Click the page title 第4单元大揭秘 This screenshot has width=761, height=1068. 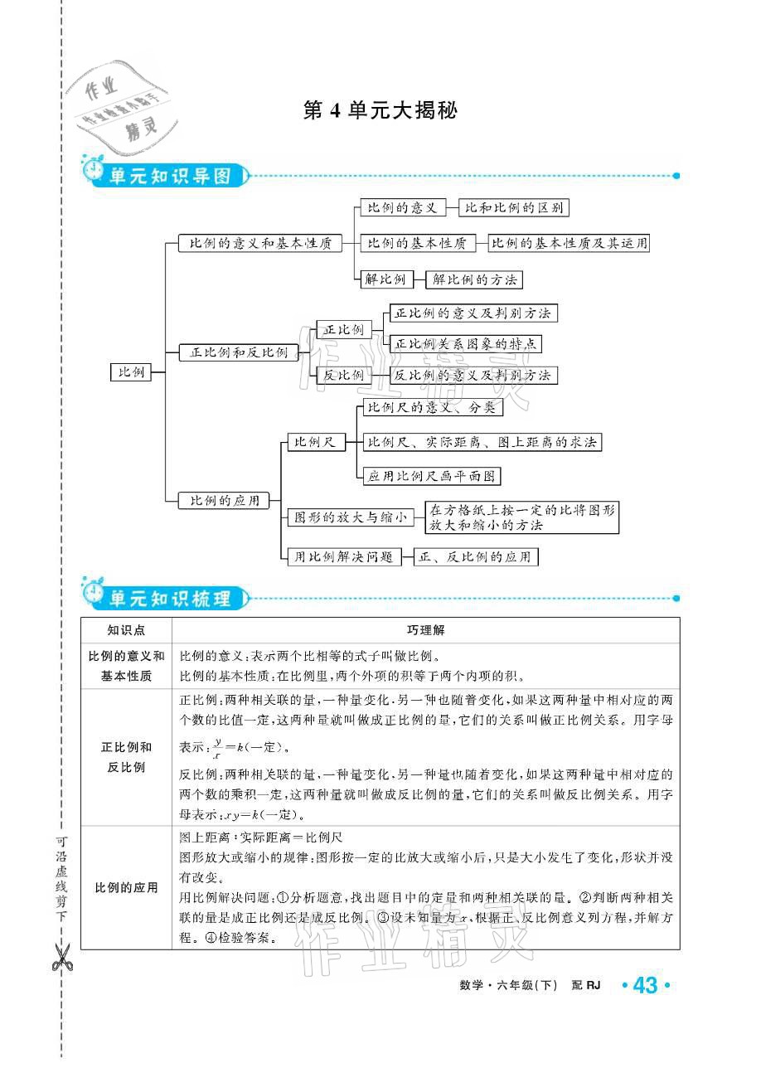[x=380, y=111]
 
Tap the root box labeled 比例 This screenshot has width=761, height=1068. [x=131, y=372]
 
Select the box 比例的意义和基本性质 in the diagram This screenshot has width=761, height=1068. [x=260, y=244]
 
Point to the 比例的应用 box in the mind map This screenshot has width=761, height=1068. [x=225, y=500]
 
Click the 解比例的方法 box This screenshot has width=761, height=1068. [x=474, y=279]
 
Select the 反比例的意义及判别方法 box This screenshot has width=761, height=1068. [x=473, y=375]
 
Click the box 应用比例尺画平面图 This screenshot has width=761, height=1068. [x=432, y=476]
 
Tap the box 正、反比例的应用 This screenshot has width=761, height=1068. [x=476, y=557]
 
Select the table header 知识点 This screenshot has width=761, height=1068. [x=126, y=630]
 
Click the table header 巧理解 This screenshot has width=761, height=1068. [x=425, y=630]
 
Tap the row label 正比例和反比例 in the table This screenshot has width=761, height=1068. [x=126, y=757]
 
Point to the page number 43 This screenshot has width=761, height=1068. [x=644, y=986]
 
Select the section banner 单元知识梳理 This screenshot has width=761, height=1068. [x=169, y=597]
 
